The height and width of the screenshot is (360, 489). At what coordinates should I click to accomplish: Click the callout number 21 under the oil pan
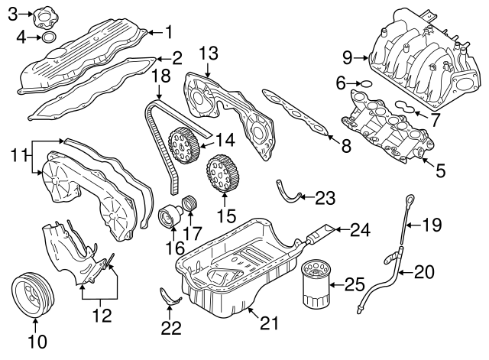pyautogui.click(x=265, y=323)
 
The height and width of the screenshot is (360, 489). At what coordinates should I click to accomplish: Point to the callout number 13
pyautogui.click(x=209, y=53)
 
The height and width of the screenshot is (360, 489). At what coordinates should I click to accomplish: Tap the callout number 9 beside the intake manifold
pyautogui.click(x=347, y=57)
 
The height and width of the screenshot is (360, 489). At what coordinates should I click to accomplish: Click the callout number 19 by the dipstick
pyautogui.click(x=432, y=224)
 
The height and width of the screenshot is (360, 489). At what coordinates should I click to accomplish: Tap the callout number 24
pyautogui.click(x=359, y=227)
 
